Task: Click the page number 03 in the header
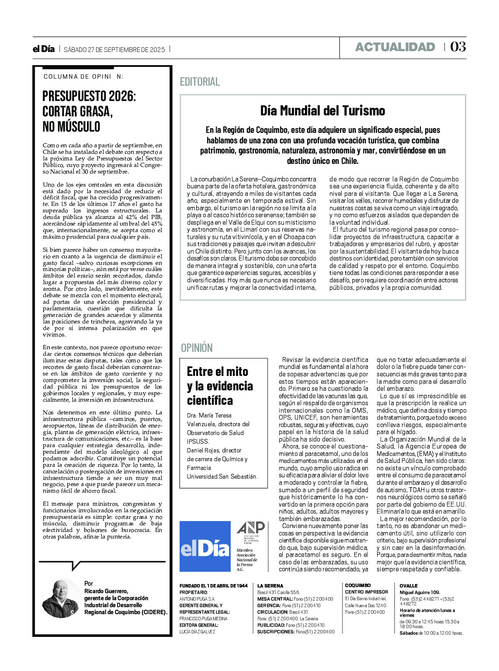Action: (x=457, y=47)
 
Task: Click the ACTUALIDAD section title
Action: (x=395, y=47)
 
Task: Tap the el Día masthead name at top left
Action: (x=44, y=49)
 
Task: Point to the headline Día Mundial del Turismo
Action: (x=322, y=111)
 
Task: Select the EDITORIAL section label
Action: (x=200, y=82)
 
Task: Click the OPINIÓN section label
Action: (x=197, y=348)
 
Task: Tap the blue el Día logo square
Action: (x=205, y=546)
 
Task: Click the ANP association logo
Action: (x=250, y=530)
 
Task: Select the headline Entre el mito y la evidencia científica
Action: (x=220, y=386)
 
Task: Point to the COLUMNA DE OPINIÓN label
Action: (x=83, y=76)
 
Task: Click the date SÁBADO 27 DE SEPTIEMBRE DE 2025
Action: (x=114, y=49)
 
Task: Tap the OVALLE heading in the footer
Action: (x=409, y=586)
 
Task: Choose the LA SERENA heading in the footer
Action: (x=270, y=586)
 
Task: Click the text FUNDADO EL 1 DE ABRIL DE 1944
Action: (x=213, y=586)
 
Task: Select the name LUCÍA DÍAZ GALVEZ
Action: (x=197, y=632)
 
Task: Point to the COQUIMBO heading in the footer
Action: (x=357, y=585)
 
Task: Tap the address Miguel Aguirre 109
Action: (x=419, y=592)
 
